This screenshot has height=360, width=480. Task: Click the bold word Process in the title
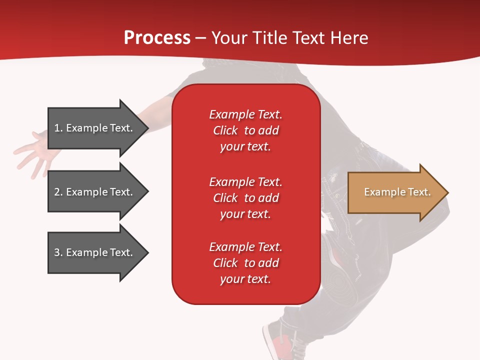coord(157,38)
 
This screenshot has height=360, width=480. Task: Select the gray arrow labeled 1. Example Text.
coord(95,128)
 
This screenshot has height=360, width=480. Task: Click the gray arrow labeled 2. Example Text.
coord(95,192)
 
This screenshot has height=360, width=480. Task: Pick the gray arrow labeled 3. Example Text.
coord(95,252)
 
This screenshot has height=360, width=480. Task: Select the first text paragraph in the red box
coord(245,130)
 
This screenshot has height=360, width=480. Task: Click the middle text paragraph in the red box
coord(245,198)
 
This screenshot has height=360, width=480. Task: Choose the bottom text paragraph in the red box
coord(245,263)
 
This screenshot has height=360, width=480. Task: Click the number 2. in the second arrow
coord(58,192)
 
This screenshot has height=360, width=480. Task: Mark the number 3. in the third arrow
coord(58,252)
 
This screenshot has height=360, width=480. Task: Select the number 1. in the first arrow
coord(58,128)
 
